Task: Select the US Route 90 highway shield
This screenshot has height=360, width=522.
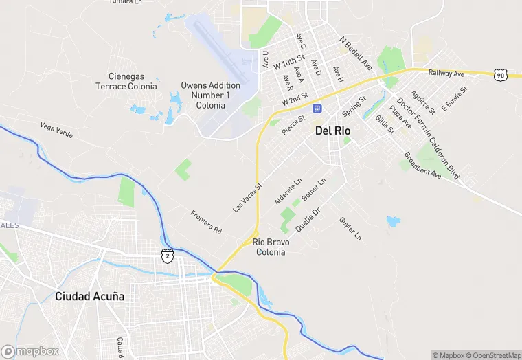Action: coord(500,74)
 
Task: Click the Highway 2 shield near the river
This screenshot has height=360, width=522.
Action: coord(168,256)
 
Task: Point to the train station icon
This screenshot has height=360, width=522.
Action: coord(317,109)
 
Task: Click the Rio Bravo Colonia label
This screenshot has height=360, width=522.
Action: coord(271,247)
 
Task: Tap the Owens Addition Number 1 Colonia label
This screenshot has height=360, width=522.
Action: coord(210,95)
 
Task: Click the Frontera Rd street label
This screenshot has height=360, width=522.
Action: coord(206,221)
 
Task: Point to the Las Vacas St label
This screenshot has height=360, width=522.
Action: coord(248,197)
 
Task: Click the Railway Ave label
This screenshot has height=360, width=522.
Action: coord(446,73)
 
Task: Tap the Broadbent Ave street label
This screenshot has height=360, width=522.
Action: coord(422,165)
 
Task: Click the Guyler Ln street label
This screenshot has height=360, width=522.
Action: coord(350,229)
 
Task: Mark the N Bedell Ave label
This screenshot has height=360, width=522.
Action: coord(356,54)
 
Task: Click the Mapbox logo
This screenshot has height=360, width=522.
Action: coord(30,351)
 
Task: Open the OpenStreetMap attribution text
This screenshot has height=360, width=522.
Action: coord(492,355)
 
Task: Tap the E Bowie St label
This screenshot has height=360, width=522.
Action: coord(455,98)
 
